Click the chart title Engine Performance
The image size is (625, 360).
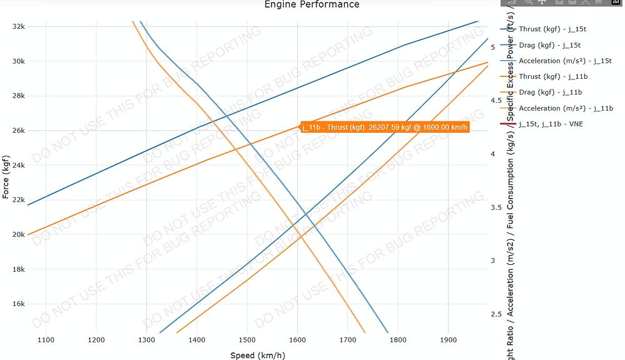point(312,5)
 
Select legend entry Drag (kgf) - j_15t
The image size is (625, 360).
point(549,45)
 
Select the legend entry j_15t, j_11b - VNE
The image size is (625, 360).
point(551,124)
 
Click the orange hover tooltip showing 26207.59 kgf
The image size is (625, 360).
point(384,127)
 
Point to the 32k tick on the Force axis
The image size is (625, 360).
point(18,27)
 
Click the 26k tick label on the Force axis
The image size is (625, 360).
point(18,131)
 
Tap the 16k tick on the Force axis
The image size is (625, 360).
point(18,304)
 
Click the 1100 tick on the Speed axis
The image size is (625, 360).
point(46,340)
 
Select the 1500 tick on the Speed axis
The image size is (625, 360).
point(246,340)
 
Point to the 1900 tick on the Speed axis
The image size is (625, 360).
point(447,340)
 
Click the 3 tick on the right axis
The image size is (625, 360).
point(494,260)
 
